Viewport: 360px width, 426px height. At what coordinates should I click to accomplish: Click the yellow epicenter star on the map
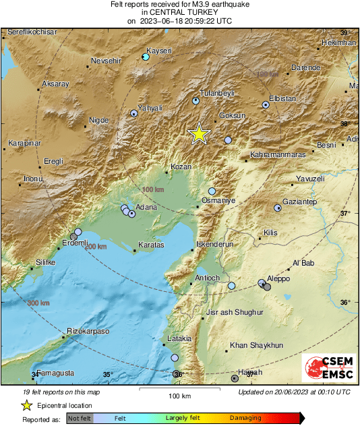pos(199,134)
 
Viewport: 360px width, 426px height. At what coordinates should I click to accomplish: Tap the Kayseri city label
pos(160,51)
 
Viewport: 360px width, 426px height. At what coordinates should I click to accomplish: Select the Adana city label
pos(146,207)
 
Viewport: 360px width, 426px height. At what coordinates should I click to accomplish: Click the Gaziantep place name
pos(300,202)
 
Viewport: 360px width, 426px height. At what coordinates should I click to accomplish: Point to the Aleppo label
pos(278,278)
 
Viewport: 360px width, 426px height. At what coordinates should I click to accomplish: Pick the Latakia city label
pos(179,338)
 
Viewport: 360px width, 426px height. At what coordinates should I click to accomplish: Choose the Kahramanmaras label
pos(278,154)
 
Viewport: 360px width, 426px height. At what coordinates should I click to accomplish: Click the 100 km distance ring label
pos(154,191)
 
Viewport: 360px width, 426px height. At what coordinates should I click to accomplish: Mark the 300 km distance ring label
pos(38,303)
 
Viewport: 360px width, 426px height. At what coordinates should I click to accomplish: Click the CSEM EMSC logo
pos(325,369)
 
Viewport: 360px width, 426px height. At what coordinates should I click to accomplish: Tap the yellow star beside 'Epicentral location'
pos(26,405)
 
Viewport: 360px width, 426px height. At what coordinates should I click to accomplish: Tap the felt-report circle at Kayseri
pos(146,57)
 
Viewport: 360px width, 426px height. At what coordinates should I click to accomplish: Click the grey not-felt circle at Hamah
pos(235,379)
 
